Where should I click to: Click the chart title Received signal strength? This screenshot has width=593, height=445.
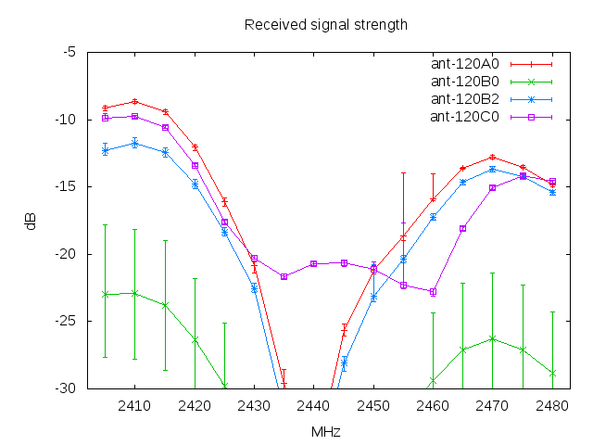click(x=325, y=24)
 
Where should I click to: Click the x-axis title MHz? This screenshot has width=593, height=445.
click(x=325, y=432)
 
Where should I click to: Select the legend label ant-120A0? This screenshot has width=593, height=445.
click(x=465, y=64)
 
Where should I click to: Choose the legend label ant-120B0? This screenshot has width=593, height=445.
click(x=465, y=82)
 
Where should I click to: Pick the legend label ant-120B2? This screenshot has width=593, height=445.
click(x=465, y=99)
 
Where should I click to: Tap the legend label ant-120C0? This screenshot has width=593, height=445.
click(x=465, y=116)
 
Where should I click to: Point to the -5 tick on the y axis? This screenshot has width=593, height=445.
click(x=69, y=51)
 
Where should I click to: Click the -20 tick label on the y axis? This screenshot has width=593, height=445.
click(x=66, y=254)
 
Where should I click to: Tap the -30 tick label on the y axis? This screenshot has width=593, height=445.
click(x=66, y=388)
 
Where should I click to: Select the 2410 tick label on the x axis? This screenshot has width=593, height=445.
click(x=134, y=405)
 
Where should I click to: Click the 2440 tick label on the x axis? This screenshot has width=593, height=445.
click(x=313, y=405)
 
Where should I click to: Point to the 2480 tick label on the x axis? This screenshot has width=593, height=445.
click(x=552, y=405)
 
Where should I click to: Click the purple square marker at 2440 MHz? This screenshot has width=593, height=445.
click(x=313, y=263)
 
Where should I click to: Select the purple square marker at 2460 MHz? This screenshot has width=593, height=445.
click(x=433, y=292)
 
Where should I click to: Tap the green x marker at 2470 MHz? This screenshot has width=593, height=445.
click(x=492, y=338)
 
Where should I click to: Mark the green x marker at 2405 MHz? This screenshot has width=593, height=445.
click(x=105, y=294)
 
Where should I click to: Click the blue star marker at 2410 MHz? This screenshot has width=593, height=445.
click(x=134, y=143)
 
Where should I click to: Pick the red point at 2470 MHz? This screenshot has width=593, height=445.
click(x=492, y=157)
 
